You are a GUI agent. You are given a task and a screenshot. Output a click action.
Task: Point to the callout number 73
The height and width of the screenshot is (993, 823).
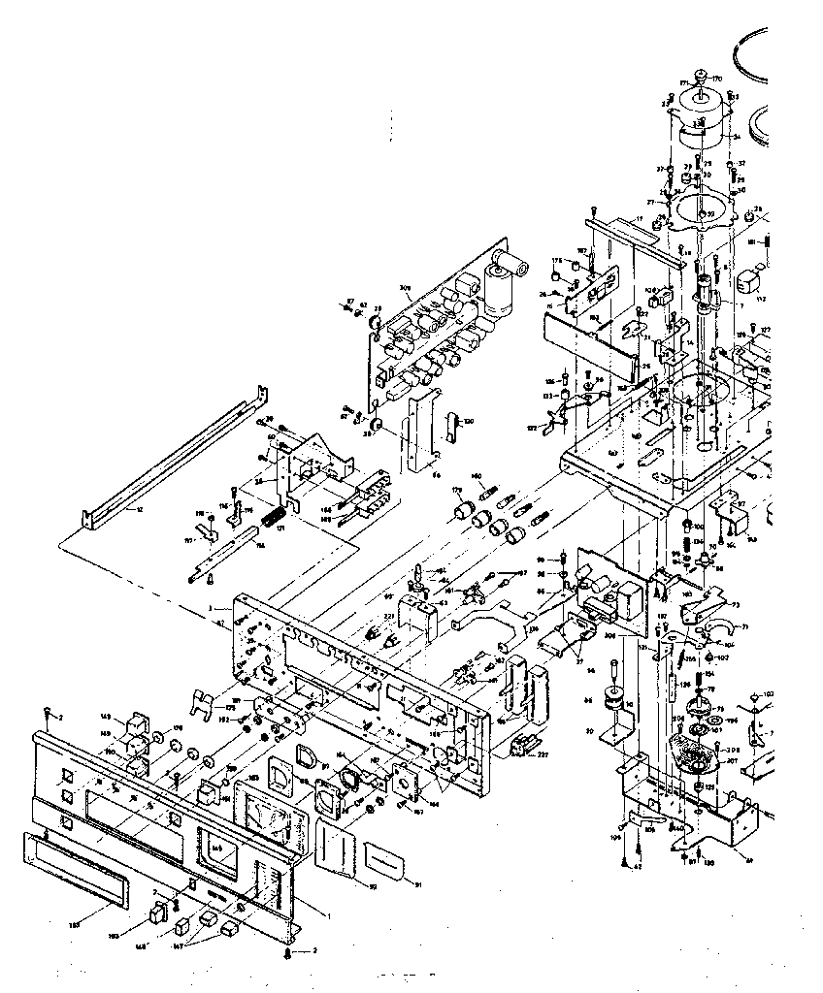coord(735,605)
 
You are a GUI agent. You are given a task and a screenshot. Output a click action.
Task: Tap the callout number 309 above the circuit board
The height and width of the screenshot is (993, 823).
coord(406,288)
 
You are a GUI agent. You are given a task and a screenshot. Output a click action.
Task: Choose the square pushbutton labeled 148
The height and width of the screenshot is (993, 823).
coord(154,914)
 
